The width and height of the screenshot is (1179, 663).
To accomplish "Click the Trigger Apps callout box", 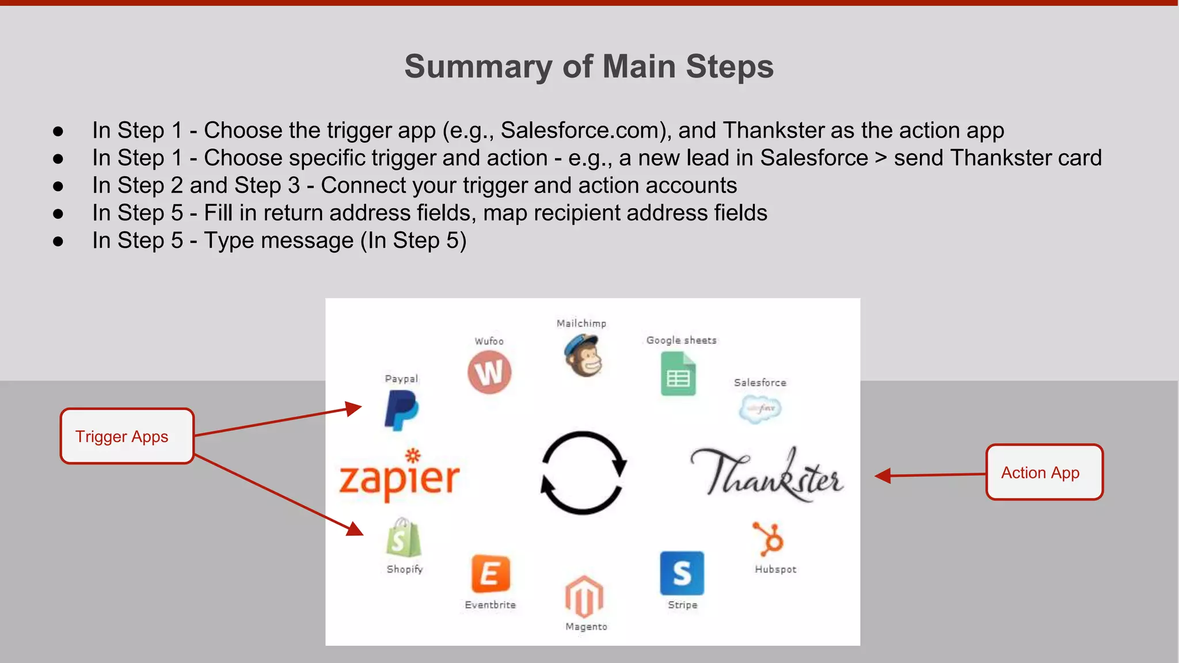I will pos(127,436).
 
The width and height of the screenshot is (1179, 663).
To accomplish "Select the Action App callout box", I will pos(1044,473).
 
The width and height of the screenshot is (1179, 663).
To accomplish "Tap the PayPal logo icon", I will pos(401,410).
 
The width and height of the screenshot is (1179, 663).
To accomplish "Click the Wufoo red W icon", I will pos(489,372).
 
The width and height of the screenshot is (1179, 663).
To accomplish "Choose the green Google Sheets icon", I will pos(678,374).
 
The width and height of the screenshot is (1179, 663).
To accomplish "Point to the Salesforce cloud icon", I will pos(760,409).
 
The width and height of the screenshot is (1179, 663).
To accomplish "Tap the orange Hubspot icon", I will pos(770,539).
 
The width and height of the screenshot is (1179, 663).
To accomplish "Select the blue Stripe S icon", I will pos(682,573).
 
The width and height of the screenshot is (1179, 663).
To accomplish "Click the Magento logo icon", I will pos(584,596).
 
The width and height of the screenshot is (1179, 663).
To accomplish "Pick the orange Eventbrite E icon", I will pos(490,574).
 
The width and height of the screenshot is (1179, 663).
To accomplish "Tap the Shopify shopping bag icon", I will pos(404,538).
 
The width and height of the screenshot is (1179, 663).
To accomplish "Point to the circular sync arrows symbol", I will pos(583,473).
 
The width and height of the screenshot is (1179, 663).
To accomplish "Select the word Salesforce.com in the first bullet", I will pos(583,131).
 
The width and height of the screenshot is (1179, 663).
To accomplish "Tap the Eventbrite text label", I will pos(490,605).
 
